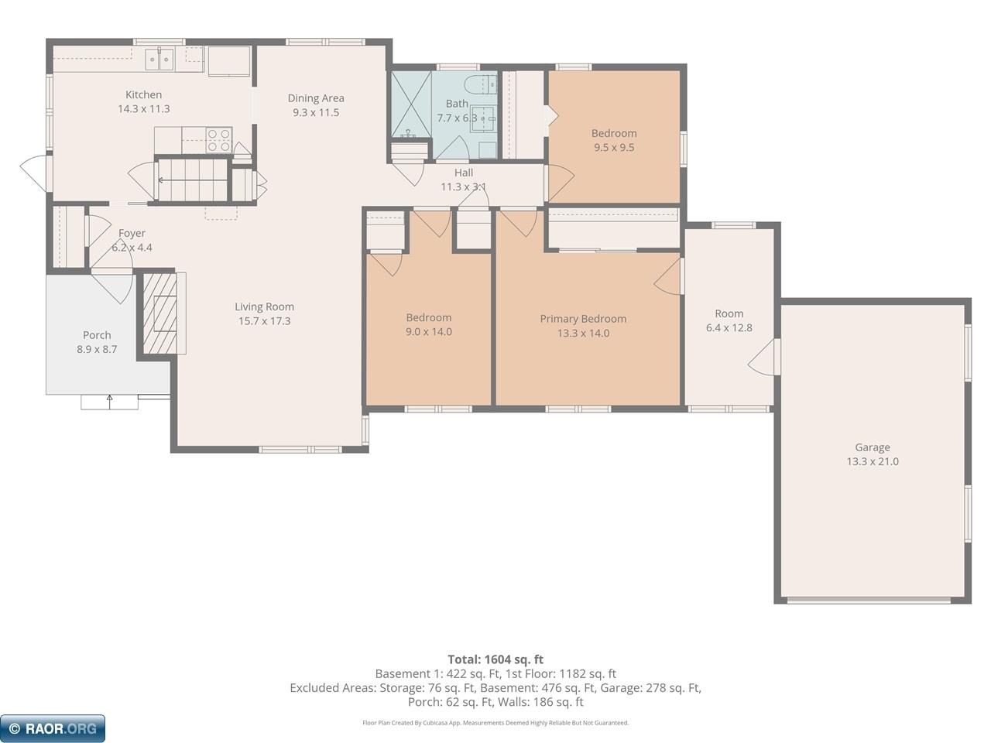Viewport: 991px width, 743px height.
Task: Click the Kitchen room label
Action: click(x=143, y=94)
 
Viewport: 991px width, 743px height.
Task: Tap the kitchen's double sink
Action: click(x=159, y=60)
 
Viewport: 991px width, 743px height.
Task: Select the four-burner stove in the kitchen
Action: click(x=219, y=140)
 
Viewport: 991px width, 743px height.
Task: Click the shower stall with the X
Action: click(x=411, y=104)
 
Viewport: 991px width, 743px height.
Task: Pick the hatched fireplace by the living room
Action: click(x=159, y=313)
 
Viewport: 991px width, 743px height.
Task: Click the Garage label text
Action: click(x=873, y=447)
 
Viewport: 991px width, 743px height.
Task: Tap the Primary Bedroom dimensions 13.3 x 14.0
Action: click(x=583, y=333)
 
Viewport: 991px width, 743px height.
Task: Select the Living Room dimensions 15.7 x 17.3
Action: click(x=265, y=320)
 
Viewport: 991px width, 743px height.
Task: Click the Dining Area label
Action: click(x=316, y=98)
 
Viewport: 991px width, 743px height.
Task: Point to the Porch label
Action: click(x=97, y=335)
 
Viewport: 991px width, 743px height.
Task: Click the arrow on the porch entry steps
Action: click(x=109, y=402)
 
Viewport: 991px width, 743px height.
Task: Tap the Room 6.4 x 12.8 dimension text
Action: click(x=729, y=327)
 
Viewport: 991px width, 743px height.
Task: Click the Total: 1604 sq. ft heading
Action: click(x=495, y=659)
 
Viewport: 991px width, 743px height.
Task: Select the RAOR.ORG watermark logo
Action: click(x=53, y=728)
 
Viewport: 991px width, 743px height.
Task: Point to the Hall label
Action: click(x=464, y=173)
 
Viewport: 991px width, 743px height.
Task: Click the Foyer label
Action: click(x=132, y=233)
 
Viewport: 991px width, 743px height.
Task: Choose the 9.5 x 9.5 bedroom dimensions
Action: click(x=614, y=148)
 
